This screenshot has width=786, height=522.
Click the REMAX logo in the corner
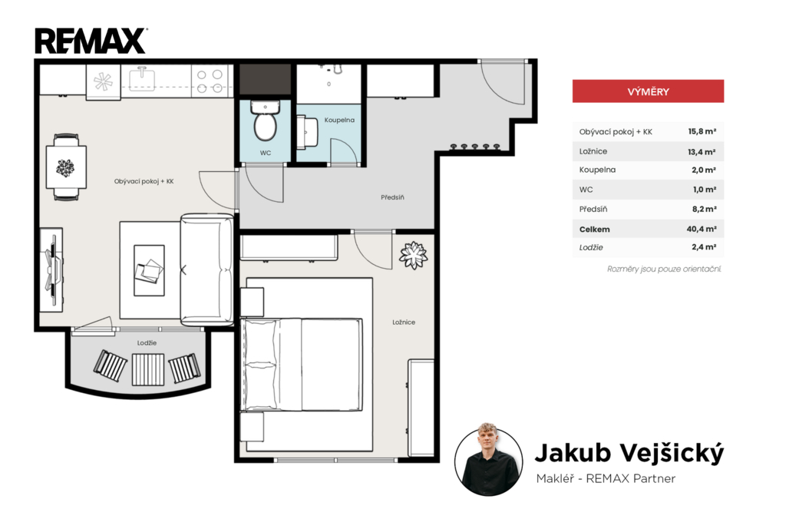[x=91, y=41]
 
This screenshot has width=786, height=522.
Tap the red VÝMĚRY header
[x=648, y=91]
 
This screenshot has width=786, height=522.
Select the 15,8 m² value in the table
[x=702, y=131]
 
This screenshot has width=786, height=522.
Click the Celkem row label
[x=595, y=230]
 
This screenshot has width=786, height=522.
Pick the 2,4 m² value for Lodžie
[x=704, y=246]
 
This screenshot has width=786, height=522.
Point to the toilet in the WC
[x=265, y=121]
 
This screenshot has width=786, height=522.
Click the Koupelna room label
[x=339, y=120]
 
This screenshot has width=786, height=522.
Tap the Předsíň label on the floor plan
[x=392, y=197]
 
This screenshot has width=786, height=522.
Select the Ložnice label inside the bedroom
[x=404, y=322]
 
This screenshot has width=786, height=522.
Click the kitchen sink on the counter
[x=142, y=79]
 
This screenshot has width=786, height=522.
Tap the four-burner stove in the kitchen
[x=210, y=81]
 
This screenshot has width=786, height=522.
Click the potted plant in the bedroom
[x=413, y=255]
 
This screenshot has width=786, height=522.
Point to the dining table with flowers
[x=66, y=167]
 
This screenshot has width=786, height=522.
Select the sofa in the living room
[x=206, y=269]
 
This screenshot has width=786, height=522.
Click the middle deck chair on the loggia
[x=148, y=369]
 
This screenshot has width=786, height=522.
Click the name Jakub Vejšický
[x=629, y=454]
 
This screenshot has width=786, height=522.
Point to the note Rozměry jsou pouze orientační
[x=664, y=269]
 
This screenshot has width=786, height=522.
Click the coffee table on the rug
[x=149, y=270]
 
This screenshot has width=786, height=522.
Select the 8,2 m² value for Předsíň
[x=705, y=209]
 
